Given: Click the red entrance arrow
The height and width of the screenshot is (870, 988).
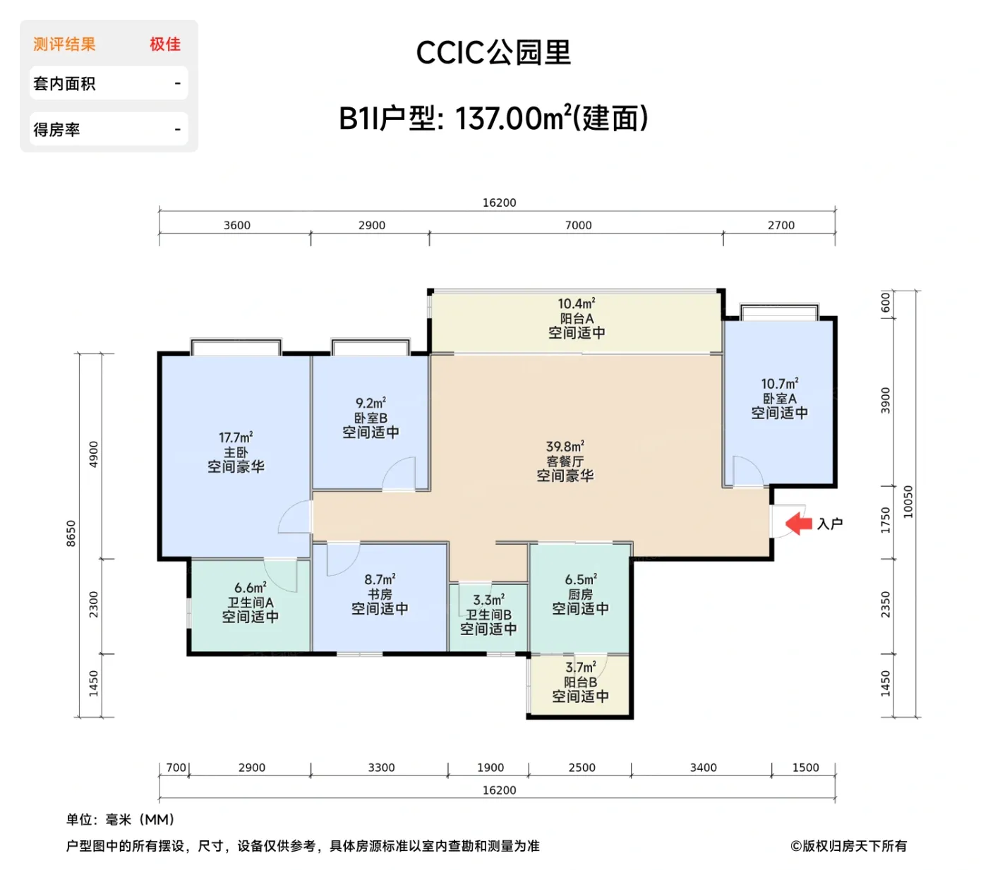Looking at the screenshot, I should (x=799, y=524).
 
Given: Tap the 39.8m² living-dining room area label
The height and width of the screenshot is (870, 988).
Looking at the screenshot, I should (x=565, y=461).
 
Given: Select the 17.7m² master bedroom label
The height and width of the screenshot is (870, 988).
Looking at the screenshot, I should (x=236, y=452).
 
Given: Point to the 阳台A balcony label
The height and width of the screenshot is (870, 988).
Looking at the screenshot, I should (x=577, y=319).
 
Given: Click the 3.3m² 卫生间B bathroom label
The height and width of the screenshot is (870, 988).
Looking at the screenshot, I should (x=488, y=615).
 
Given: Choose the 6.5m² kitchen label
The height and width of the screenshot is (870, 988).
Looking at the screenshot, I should (x=580, y=594).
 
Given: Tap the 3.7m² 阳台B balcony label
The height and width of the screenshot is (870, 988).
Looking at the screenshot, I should (x=580, y=682).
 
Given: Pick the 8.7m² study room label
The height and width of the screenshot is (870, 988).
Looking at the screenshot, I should (x=380, y=594).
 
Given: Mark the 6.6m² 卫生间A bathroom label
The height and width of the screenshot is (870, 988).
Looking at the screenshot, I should (x=250, y=603).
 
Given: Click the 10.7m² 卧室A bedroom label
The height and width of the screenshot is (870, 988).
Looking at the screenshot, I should (x=779, y=399).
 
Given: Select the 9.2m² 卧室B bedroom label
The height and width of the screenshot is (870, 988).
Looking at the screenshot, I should (x=370, y=418).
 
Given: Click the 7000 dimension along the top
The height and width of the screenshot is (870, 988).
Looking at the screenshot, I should (x=578, y=225).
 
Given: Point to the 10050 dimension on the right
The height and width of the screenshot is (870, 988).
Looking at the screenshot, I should (x=908, y=502).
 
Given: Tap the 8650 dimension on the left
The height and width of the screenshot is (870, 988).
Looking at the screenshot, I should (x=71, y=533).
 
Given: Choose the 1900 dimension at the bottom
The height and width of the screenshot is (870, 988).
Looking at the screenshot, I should (x=490, y=768).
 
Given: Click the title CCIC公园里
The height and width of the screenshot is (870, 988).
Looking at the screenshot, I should (x=493, y=53).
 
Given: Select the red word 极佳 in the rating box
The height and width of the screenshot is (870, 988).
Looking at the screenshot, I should (x=165, y=44).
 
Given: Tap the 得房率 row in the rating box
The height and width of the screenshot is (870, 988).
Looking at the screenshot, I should (x=109, y=129).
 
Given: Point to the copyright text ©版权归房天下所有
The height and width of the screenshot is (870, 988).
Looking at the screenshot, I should (x=848, y=845).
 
